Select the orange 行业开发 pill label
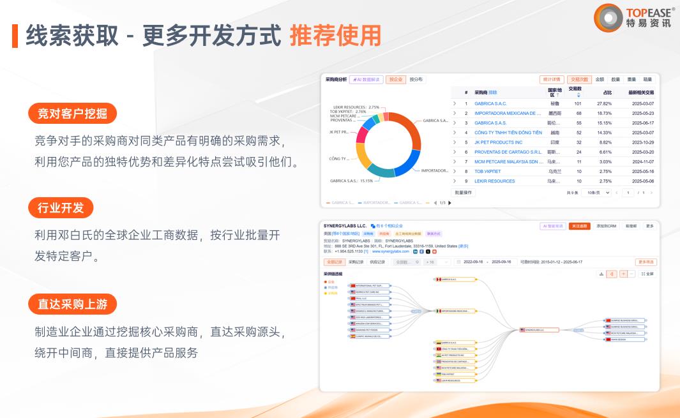tap(61, 208)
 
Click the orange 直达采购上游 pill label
tap(72, 304)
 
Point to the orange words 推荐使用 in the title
tap(335, 36)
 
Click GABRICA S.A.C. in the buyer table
tap(490, 103)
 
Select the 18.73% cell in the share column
tap(604, 113)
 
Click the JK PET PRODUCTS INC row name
tap(498, 142)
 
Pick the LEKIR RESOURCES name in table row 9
tap(494, 181)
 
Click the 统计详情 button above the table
tap(551, 80)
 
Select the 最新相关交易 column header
tap(641, 93)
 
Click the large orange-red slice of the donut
tap(407, 128)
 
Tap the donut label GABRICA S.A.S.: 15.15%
tap(351, 181)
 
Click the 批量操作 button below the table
tap(463, 192)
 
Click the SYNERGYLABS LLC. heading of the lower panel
tap(345, 226)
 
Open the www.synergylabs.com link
tap(390, 251)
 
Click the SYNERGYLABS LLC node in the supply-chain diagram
tap(539, 330)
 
